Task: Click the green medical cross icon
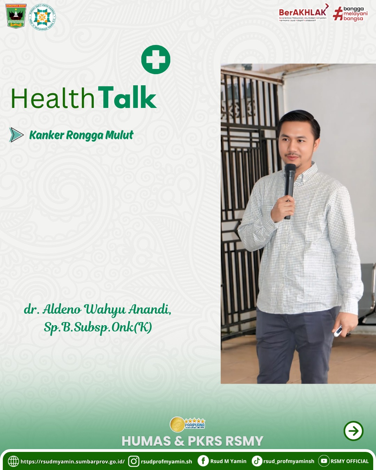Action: tap(156, 60)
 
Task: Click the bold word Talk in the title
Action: tap(127, 98)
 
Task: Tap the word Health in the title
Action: tap(53, 99)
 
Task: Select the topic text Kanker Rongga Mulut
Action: tap(81, 135)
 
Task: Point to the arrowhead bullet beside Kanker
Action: tap(16, 135)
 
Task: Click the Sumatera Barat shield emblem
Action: tap(16, 16)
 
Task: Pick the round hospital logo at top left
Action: tap(42, 17)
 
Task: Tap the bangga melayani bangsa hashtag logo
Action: tap(350, 14)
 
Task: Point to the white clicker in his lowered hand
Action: tap(338, 331)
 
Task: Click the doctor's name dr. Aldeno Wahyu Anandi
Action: tap(97, 309)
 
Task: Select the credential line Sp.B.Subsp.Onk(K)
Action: tap(98, 327)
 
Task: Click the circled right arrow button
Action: tap(353, 431)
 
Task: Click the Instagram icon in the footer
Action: tap(134, 461)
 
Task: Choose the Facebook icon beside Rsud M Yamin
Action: tap(203, 461)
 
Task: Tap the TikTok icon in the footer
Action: tap(257, 461)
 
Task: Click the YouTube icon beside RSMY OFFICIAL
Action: tap(324, 461)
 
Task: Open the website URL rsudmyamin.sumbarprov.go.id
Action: tap(72, 462)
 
